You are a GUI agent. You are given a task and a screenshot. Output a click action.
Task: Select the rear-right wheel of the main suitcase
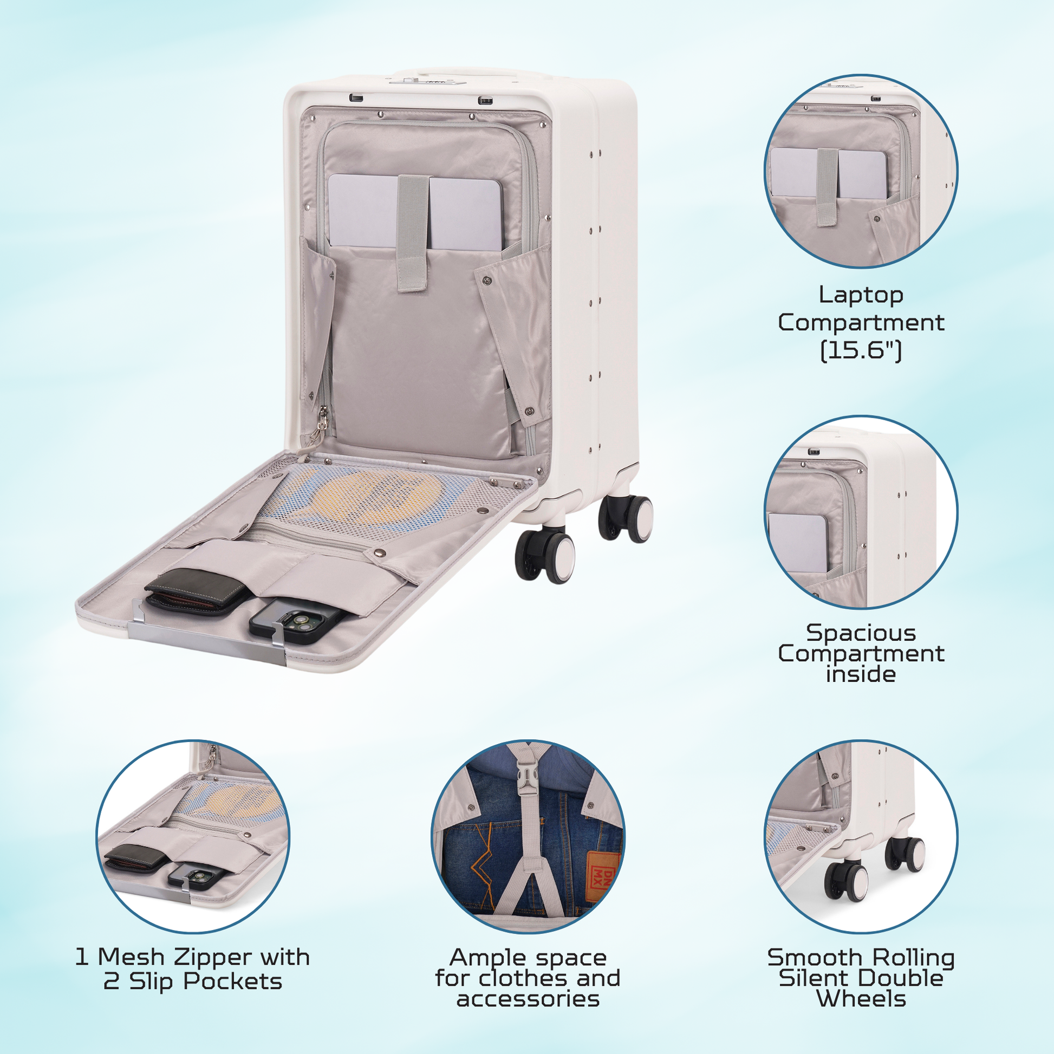[x=626, y=519]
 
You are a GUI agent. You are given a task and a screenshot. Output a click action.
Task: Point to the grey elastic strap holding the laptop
[x=412, y=233]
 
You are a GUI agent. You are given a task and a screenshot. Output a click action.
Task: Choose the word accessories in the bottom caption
[x=528, y=999]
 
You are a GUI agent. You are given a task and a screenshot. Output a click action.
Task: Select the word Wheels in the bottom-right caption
[x=861, y=999]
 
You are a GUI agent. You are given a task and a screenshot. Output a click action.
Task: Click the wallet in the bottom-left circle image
[x=135, y=858]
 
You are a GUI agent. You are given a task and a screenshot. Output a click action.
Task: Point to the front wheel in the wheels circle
[x=846, y=880]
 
